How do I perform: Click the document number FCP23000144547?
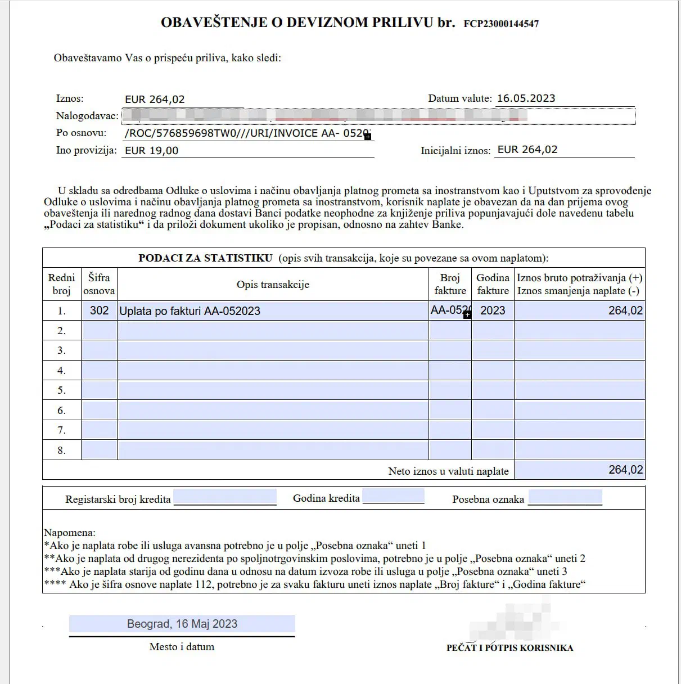pyautogui.click(x=501, y=24)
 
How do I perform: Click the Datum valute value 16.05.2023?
pyautogui.click(x=526, y=98)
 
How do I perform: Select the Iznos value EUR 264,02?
pyautogui.click(x=155, y=100)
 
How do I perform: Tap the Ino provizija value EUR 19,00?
pyautogui.click(x=152, y=151)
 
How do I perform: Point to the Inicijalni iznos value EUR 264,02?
pyautogui.click(x=527, y=150)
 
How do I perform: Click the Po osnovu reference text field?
pyautogui.click(x=247, y=134)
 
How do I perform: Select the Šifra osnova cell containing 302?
pyautogui.click(x=99, y=310)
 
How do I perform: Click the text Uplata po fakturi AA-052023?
pyautogui.click(x=190, y=311)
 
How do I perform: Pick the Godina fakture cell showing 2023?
pyautogui.click(x=493, y=310)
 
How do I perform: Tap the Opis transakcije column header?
pyautogui.click(x=273, y=285)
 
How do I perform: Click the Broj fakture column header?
pyautogui.click(x=450, y=284)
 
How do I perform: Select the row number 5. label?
pyautogui.click(x=61, y=390)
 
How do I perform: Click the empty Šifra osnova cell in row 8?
pyautogui.click(x=99, y=450)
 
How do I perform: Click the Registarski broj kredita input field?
pyautogui.click(x=225, y=497)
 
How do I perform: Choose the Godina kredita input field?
pyautogui.click(x=393, y=497)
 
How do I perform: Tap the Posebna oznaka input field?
pyautogui.click(x=565, y=497)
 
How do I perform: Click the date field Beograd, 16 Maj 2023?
pyautogui.click(x=182, y=624)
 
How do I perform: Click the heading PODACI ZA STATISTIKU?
pyautogui.click(x=205, y=258)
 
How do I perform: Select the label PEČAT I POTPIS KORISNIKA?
pyautogui.click(x=509, y=647)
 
